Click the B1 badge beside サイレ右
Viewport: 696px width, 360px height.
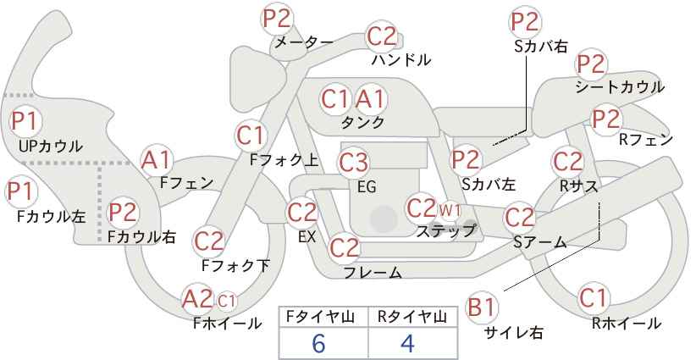pyautogui.click(x=482, y=307)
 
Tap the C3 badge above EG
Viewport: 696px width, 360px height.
pyautogui.click(x=353, y=163)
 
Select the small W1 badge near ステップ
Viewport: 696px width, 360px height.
pyautogui.click(x=450, y=210)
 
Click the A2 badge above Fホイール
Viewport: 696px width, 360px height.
pyautogui.click(x=197, y=298)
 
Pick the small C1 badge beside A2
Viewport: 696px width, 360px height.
pyautogui.click(x=226, y=302)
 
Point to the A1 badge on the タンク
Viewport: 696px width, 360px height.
pyautogui.click(x=371, y=99)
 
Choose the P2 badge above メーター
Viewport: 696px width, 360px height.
pyautogui.click(x=277, y=19)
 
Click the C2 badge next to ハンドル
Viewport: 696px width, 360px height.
pyautogui.click(x=381, y=36)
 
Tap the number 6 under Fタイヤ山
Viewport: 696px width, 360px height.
pyautogui.click(x=318, y=344)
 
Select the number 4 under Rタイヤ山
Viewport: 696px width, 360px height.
pyautogui.click(x=407, y=344)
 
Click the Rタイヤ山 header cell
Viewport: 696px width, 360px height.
pyautogui.click(x=412, y=317)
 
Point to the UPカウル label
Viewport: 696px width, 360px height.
pyautogui.click(x=51, y=146)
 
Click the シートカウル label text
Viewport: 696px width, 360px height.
pyautogui.click(x=620, y=87)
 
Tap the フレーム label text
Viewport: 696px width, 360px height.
pyautogui.click(x=373, y=273)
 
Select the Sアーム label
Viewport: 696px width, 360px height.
pyautogui.click(x=540, y=242)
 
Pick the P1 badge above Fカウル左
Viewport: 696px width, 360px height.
pyautogui.click(x=21, y=192)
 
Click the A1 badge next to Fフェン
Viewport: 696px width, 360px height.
pyautogui.click(x=156, y=160)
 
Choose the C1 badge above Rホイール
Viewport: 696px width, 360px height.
pyautogui.click(x=593, y=297)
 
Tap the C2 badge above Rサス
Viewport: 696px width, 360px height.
pyautogui.click(x=567, y=162)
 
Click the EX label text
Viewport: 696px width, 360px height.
pyautogui.click(x=307, y=237)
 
